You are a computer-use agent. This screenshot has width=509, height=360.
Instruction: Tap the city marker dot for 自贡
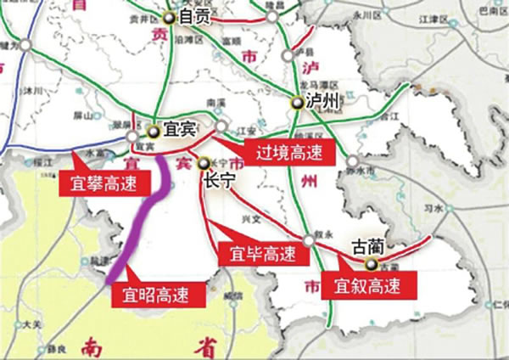point(171,16)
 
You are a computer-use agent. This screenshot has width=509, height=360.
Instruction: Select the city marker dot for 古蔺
point(360,263)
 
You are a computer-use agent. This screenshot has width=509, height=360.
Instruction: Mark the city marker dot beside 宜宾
point(154,132)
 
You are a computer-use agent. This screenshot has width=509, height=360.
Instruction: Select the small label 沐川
point(34,87)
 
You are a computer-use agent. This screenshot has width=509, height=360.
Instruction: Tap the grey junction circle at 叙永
point(310,240)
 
